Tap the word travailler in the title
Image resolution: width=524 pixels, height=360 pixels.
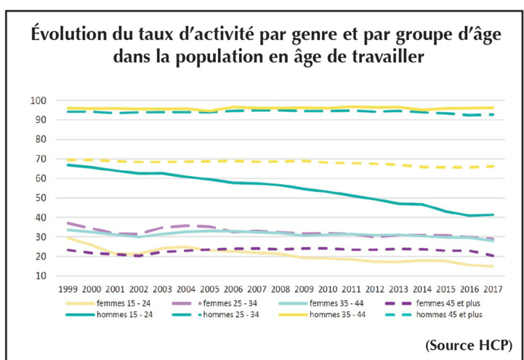click(x=384, y=56)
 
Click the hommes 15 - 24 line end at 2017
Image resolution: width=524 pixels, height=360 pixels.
click(x=493, y=215)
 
